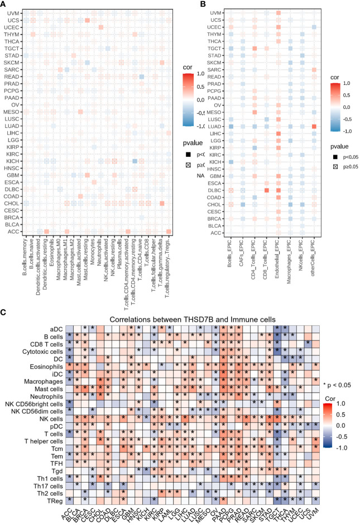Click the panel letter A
(4, 4)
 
